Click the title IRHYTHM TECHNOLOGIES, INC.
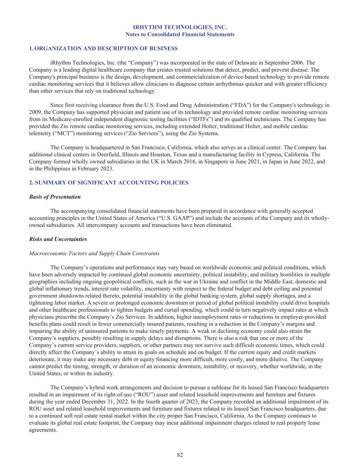[x=180, y=27]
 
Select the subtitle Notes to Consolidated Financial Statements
[x=180, y=34]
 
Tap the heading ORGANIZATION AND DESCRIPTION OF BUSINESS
[x=106, y=48]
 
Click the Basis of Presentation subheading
[x=55, y=197]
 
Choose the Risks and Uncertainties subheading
[x=58, y=239]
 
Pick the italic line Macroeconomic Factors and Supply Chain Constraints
[x=94, y=253]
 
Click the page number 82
[x=180, y=455]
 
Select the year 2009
[x=35, y=112]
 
